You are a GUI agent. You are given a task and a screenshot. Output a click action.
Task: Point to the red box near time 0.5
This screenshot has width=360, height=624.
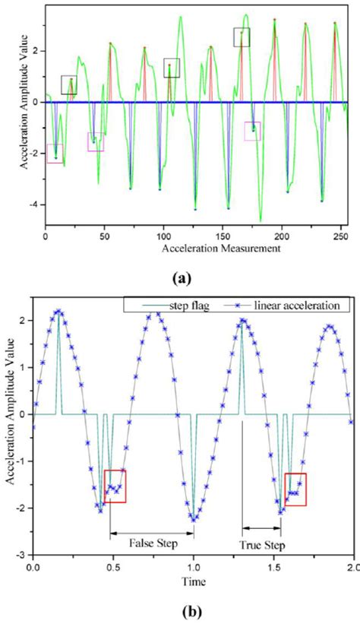pyautogui.click(x=115, y=486)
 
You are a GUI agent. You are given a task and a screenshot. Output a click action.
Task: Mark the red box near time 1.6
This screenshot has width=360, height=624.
pyautogui.click(x=295, y=489)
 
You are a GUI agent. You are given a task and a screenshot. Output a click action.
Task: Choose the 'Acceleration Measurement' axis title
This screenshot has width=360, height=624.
pyautogui.click(x=194, y=248)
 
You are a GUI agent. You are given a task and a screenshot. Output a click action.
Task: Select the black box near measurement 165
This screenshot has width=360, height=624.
pyautogui.click(x=242, y=36)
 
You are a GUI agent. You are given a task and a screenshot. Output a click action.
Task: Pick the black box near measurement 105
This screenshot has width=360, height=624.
pyautogui.click(x=172, y=68)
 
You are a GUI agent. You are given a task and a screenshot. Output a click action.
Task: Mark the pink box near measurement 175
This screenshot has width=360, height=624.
pyautogui.click(x=252, y=131)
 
